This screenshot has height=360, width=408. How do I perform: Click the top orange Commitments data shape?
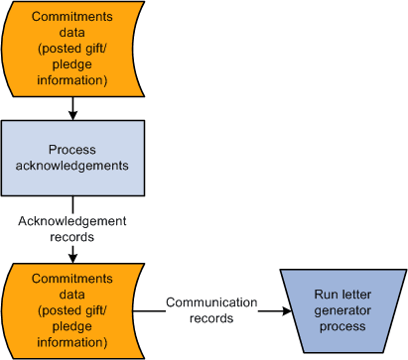point(72,47)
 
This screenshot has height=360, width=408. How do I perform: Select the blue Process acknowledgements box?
point(72,158)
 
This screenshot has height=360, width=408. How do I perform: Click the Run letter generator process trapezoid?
point(342,310)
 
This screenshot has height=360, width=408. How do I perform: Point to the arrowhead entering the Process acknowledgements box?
point(72,115)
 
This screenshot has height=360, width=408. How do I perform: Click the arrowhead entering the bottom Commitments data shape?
point(72,256)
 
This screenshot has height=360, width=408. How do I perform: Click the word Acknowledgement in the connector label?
point(72,220)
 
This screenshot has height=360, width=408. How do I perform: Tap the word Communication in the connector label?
point(210,302)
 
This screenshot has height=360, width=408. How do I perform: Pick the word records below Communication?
point(210,318)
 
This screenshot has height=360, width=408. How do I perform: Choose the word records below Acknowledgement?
point(72,237)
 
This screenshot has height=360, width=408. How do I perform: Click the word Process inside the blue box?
point(72,150)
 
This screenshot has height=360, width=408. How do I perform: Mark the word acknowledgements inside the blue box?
point(72,166)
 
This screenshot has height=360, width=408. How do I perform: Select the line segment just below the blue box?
point(72,203)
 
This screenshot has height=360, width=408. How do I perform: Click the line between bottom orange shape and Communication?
point(149,310)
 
